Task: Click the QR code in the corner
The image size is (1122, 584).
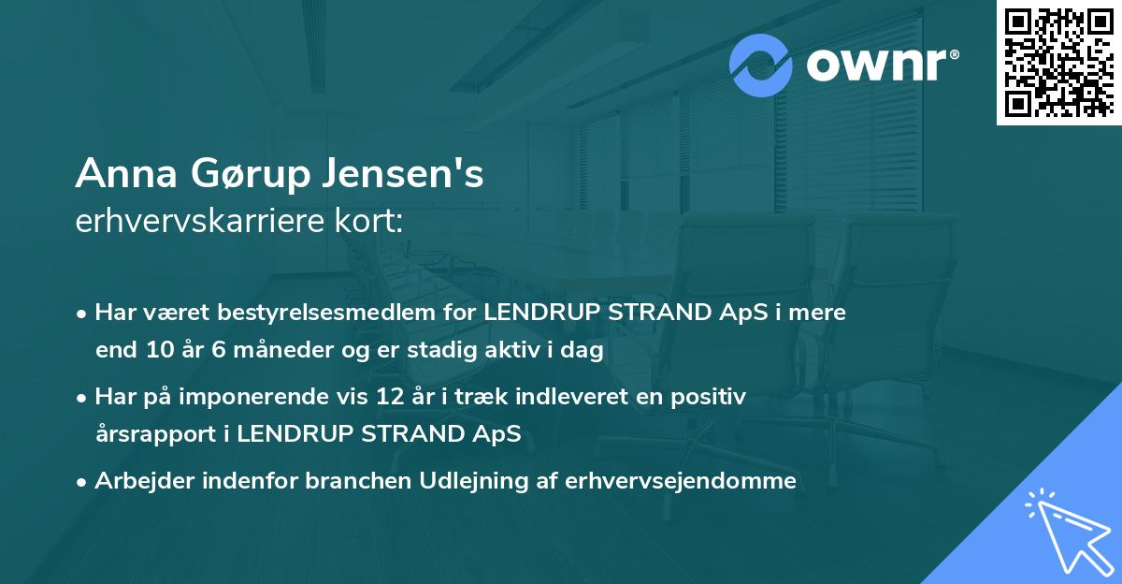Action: [x=1058, y=63]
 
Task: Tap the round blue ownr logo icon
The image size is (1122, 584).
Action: [x=762, y=66]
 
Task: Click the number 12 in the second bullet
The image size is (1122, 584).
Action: [x=389, y=397]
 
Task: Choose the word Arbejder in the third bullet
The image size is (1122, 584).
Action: [x=139, y=481]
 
